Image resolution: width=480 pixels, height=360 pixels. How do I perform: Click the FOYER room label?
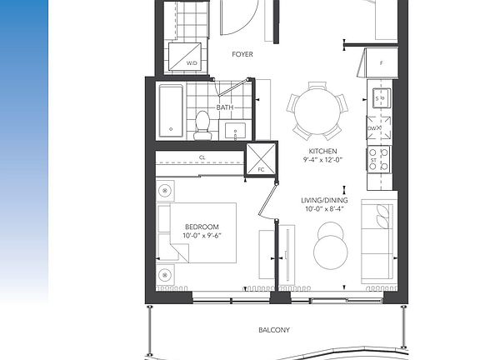242,55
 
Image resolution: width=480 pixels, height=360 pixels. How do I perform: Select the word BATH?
225,107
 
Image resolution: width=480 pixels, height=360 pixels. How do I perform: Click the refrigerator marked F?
380,63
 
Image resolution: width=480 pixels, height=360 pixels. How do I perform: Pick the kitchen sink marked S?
379,99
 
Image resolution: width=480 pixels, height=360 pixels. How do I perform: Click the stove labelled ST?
379,156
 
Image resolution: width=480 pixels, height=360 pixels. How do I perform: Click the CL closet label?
202,156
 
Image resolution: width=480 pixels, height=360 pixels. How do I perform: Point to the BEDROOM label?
202,227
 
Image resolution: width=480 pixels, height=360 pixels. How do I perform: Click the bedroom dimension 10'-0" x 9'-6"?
202,236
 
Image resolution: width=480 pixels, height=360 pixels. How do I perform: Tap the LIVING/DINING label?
324,201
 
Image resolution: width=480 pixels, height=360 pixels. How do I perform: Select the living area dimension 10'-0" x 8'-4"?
324,210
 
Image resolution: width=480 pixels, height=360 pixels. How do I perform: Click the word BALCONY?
274,330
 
